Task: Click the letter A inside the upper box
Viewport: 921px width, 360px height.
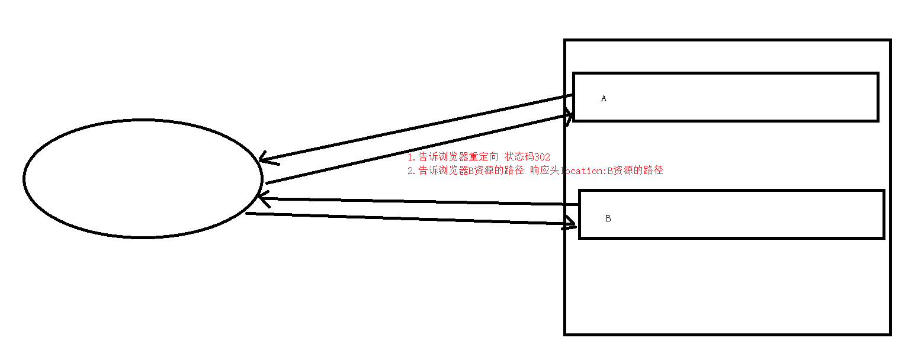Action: click(x=604, y=99)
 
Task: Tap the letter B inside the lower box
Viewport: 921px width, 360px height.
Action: click(x=608, y=218)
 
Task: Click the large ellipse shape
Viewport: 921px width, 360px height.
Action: click(x=142, y=179)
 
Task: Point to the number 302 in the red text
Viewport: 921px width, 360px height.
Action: click(x=542, y=157)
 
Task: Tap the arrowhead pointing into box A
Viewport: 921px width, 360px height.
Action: click(x=569, y=117)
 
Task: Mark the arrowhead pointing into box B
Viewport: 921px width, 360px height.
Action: click(x=572, y=224)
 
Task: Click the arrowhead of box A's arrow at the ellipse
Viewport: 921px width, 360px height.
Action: click(x=264, y=159)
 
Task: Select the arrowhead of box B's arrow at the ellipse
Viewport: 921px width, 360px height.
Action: click(x=264, y=199)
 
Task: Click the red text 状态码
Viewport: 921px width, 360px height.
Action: click(x=519, y=157)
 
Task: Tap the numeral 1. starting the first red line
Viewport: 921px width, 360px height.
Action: click(x=411, y=157)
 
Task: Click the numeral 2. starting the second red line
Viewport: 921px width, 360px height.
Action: click(x=411, y=171)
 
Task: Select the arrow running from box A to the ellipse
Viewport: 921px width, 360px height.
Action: click(x=415, y=127)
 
